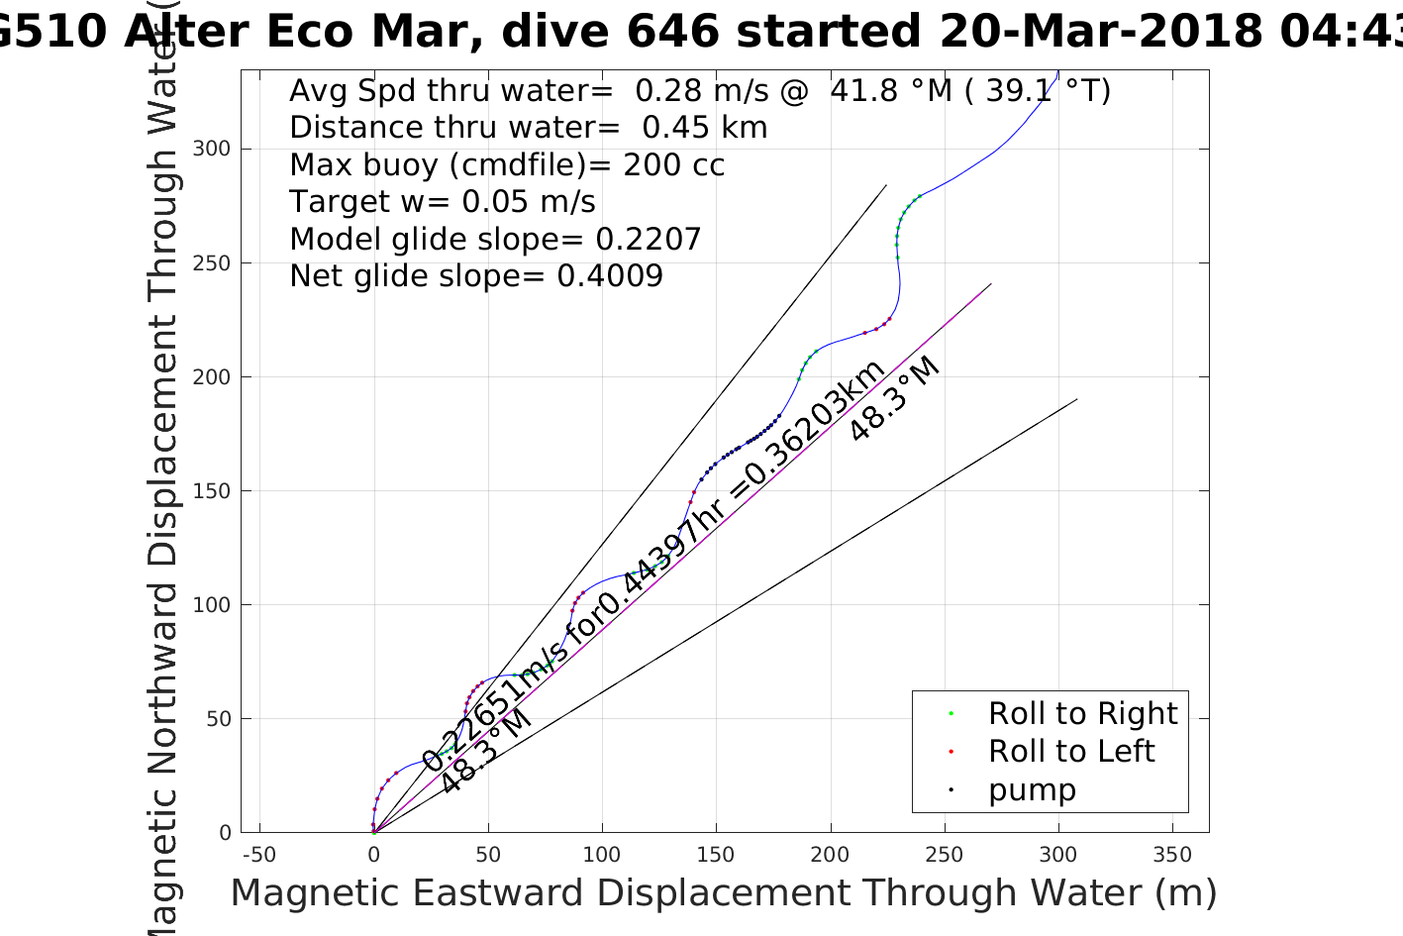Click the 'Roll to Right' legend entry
click(x=1082, y=713)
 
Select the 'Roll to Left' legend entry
click(x=1070, y=751)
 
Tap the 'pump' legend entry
click(x=1032, y=789)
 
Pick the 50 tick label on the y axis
click(x=219, y=719)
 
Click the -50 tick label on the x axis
click(x=259, y=854)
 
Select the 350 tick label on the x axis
click(x=1172, y=854)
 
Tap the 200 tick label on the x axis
click(x=830, y=854)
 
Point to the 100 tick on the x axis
click(x=602, y=854)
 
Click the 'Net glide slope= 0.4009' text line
click(x=476, y=275)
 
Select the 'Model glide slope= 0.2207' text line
click(x=495, y=239)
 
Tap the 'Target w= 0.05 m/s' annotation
click(x=443, y=202)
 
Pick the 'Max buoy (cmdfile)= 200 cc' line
click(x=507, y=164)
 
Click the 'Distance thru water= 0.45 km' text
click(x=528, y=128)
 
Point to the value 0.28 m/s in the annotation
click(x=701, y=91)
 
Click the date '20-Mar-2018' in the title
click(x=1100, y=32)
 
